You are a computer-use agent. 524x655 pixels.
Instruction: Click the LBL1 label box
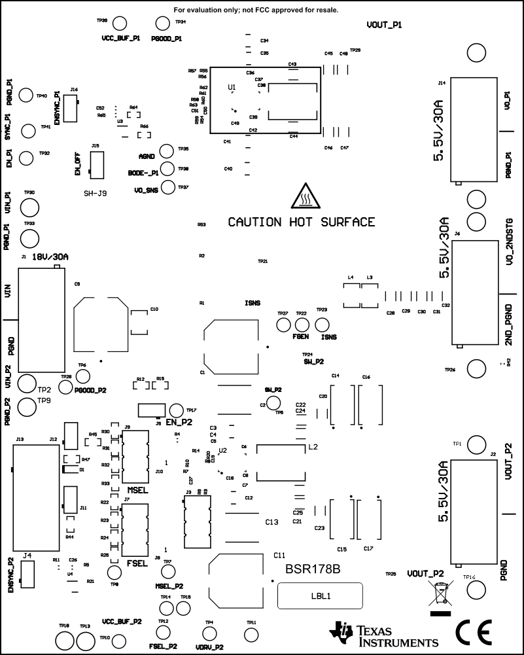tap(321, 596)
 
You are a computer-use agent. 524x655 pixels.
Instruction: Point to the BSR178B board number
tap(313, 570)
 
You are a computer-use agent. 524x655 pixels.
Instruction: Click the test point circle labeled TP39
tap(120, 23)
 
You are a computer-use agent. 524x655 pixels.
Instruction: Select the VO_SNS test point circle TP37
tap(167, 188)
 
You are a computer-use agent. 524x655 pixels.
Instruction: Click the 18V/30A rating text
tap(50, 257)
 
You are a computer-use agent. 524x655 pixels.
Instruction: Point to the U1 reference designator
tap(232, 86)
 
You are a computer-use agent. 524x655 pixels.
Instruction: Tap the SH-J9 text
tap(95, 194)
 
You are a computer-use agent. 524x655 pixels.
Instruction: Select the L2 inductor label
tap(313, 447)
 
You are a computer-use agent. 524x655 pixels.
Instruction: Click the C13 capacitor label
tap(272, 522)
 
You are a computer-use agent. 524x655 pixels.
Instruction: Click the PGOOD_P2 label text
tap(90, 390)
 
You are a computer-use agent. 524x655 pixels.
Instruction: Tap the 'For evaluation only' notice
tap(256, 10)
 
